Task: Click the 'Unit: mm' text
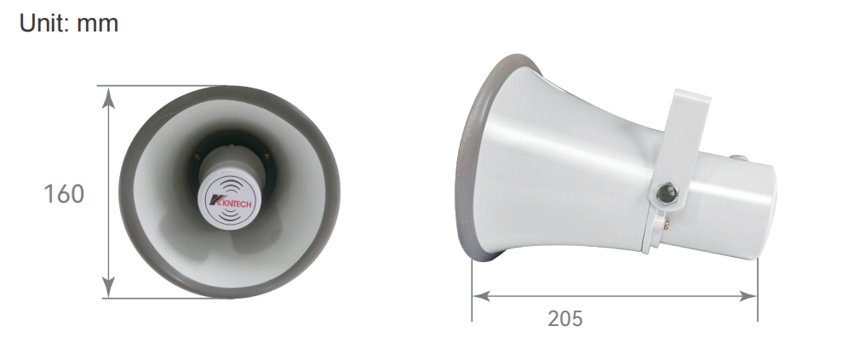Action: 69,23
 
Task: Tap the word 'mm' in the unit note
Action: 97,25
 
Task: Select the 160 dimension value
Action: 64,194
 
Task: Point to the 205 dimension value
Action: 565,318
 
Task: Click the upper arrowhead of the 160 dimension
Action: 109,98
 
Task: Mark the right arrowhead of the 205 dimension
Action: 748,296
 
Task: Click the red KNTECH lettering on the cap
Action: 233,203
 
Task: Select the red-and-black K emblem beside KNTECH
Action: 215,201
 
